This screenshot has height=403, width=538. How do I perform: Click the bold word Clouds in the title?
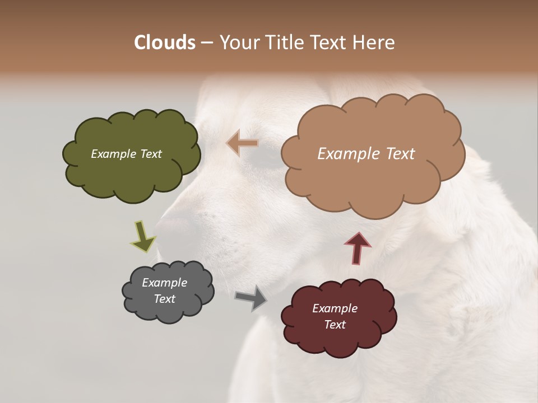click(164, 43)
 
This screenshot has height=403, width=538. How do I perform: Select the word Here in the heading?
click(375, 43)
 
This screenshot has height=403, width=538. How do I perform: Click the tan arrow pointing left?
click(242, 143)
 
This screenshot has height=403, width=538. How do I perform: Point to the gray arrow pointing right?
click(251, 297)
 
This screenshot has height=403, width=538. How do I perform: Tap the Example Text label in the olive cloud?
click(126, 154)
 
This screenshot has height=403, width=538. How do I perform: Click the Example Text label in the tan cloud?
click(366, 154)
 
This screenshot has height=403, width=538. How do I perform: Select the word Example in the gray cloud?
click(164, 283)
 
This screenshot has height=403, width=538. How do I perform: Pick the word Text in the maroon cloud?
click(335, 325)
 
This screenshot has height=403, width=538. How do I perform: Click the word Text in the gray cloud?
click(164, 299)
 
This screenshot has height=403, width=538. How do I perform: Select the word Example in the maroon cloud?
click(335, 308)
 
